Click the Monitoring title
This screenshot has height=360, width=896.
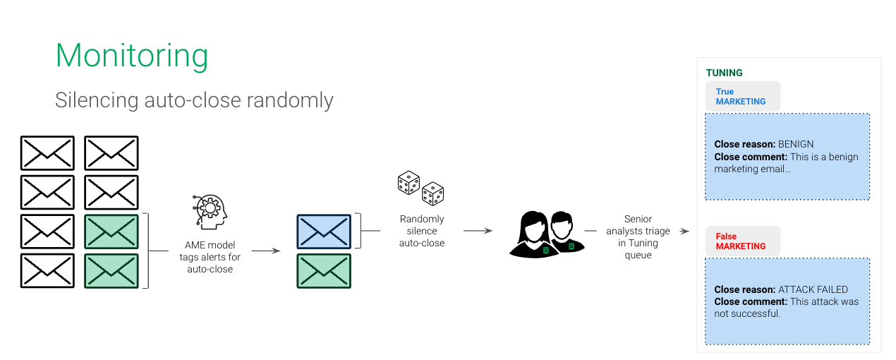(132, 56)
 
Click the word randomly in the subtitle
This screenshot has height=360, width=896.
(290, 100)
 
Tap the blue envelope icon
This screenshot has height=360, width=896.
(324, 232)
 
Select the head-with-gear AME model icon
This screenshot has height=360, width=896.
(210, 212)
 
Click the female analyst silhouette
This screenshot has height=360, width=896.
(533, 235)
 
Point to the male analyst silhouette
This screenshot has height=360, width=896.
(565, 232)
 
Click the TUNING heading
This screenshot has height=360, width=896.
(724, 73)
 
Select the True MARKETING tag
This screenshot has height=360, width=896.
(742, 97)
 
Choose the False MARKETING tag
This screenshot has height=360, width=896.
(742, 241)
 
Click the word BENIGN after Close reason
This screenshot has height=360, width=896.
(796, 144)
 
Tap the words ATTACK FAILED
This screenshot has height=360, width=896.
(813, 289)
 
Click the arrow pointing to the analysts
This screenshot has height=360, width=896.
(478, 231)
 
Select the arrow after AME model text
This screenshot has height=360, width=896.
(266, 251)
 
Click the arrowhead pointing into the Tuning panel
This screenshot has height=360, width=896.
(685, 232)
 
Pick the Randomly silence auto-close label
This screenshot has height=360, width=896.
(422, 231)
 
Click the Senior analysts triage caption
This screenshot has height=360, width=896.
(638, 236)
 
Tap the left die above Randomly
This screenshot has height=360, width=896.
(408, 183)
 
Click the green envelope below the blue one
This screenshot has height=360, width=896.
(324, 271)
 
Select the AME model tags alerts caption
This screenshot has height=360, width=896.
(210, 257)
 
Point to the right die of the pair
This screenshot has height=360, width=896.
(432, 193)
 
